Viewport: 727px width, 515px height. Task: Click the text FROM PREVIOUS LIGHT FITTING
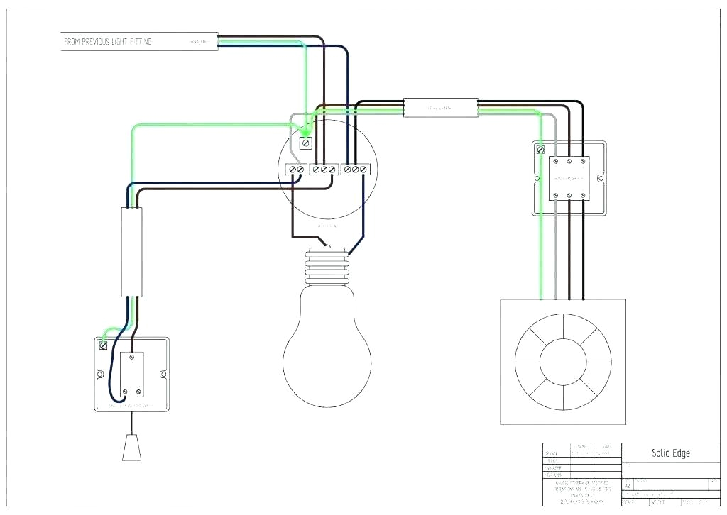107,42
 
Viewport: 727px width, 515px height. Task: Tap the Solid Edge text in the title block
670,453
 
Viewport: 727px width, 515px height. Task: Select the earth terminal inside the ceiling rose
306,143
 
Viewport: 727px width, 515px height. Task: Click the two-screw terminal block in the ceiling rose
295,170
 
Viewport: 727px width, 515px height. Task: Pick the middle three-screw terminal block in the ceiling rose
324,170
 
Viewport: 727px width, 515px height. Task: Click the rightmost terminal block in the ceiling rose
356,170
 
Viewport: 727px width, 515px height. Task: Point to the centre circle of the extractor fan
563,362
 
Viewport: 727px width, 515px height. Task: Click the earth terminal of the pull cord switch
104,346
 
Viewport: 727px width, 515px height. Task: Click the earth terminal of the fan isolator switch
541,150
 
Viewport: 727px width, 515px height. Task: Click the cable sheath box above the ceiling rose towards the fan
441,108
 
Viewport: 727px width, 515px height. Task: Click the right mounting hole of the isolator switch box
601,177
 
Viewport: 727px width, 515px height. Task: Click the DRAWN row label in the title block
551,453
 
